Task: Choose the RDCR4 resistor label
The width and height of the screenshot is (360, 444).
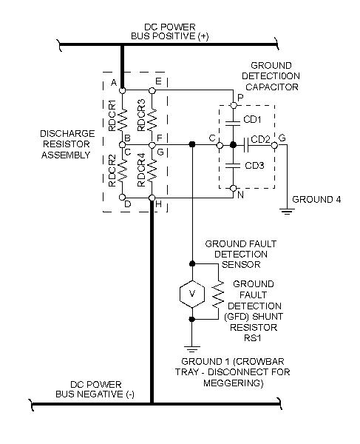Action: tap(141, 171)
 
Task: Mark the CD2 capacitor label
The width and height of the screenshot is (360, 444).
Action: tap(260, 138)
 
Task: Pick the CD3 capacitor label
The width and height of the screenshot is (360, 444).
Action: tap(253, 165)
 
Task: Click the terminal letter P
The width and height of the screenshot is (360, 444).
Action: tap(237, 96)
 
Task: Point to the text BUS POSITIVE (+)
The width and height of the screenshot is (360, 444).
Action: tap(169, 36)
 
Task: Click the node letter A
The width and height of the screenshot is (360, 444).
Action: tap(113, 82)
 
